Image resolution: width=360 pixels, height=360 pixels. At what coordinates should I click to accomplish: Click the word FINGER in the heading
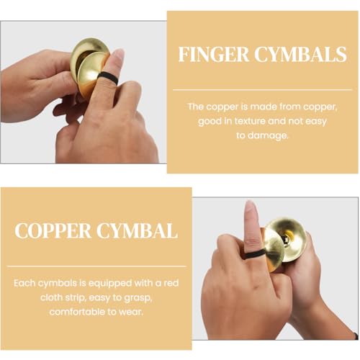tap(214, 55)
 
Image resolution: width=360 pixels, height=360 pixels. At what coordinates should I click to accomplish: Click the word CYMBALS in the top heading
tap(301, 55)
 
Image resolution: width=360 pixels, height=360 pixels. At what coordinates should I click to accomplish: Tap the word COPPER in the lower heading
tap(53, 230)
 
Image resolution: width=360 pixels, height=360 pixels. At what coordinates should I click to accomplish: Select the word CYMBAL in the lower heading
tap(137, 230)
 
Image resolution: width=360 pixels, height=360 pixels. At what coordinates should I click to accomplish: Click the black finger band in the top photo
tap(108, 78)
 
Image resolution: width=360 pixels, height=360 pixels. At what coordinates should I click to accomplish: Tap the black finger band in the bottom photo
tap(255, 253)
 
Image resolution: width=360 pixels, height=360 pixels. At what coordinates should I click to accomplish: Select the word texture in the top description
tap(250, 121)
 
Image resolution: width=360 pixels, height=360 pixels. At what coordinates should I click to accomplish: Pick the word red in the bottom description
tap(171, 283)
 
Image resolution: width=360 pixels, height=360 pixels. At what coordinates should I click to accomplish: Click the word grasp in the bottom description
tap(139, 298)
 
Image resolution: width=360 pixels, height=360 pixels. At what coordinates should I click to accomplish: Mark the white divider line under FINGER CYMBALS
tap(262, 90)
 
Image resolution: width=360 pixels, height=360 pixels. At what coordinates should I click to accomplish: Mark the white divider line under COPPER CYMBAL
tap(96, 266)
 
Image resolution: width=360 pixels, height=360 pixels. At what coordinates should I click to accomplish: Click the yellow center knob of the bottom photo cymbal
tap(290, 236)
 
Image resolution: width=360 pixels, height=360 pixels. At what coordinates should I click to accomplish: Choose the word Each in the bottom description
tap(24, 283)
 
